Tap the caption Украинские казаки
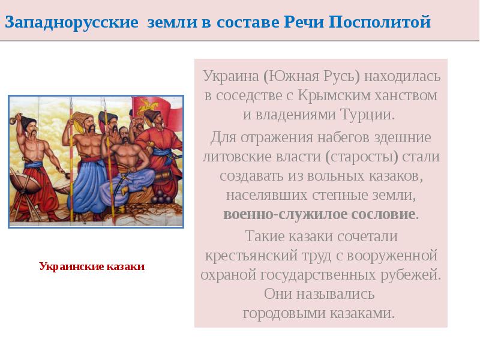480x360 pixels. click(92, 266)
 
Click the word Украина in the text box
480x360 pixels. click(230, 77)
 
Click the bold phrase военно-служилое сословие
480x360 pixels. click(320, 215)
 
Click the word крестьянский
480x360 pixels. click(256, 256)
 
